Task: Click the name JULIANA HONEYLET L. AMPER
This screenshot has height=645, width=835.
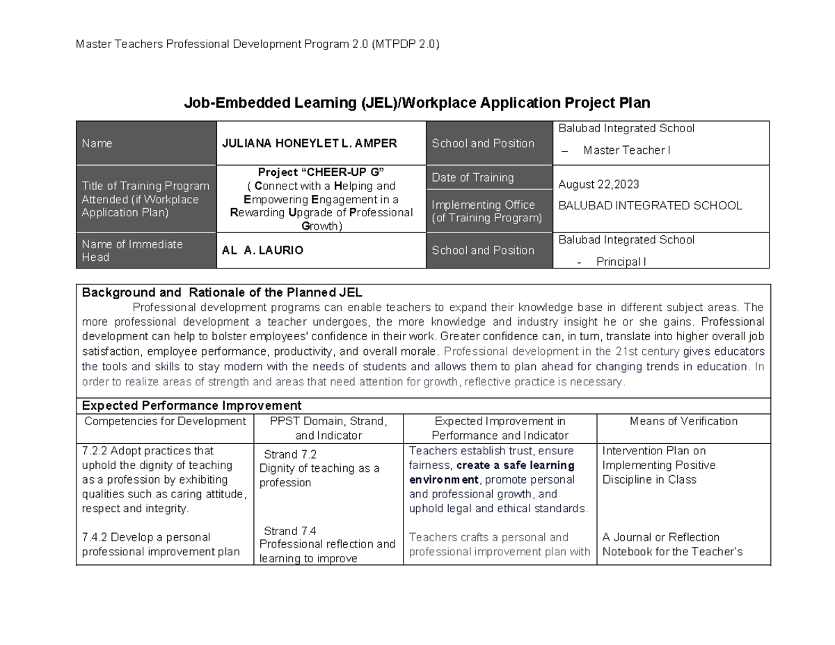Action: point(309,143)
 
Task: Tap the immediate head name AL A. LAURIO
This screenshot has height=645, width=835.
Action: point(262,250)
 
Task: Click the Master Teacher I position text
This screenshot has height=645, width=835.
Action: point(626,150)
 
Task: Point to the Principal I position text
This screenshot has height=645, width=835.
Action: point(621,262)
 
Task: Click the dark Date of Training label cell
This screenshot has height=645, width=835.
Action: point(488,177)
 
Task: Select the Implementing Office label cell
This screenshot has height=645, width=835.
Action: point(488,212)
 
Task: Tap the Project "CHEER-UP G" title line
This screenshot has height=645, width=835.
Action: point(321,172)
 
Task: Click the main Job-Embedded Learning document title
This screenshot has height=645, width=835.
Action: point(416,103)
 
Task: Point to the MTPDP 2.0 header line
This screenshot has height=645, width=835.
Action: point(257,45)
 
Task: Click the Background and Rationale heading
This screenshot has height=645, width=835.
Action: point(222,292)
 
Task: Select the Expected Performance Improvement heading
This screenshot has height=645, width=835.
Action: point(191,405)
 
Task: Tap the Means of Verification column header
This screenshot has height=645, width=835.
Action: point(683,421)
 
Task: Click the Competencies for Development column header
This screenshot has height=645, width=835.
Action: point(165,421)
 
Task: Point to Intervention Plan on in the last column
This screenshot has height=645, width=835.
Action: point(653,450)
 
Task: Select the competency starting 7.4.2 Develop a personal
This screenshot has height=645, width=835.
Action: point(146,537)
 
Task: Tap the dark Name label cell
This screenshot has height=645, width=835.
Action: point(146,143)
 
